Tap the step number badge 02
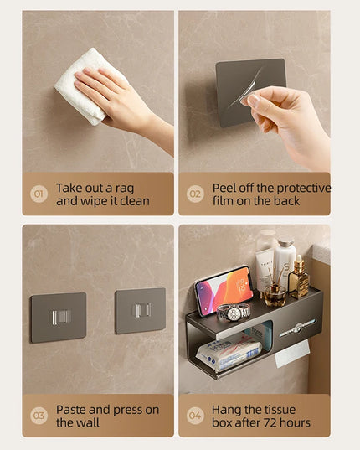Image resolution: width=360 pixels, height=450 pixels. [195, 194]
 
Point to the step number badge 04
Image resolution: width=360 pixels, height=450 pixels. [195, 416]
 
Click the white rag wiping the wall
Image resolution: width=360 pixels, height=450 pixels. [84, 84]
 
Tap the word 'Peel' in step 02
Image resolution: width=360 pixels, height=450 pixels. [227, 189]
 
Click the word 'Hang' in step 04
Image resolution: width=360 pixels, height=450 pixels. [228, 410]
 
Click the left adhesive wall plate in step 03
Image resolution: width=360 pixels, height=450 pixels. [58, 317]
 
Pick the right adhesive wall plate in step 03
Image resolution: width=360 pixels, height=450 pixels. [140, 310]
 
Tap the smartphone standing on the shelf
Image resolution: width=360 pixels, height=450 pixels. [224, 288]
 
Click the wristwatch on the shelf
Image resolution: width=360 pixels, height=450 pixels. [234, 312]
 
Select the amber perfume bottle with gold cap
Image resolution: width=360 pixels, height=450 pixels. [298, 278]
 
